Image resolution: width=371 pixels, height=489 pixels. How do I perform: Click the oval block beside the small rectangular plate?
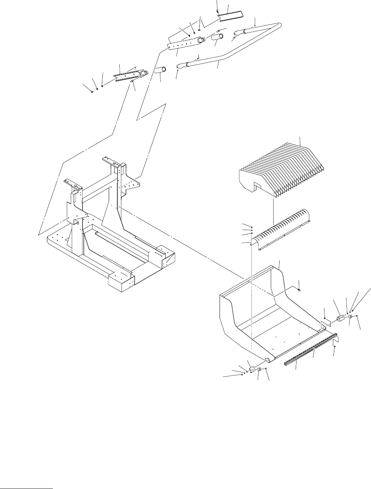click(341, 318)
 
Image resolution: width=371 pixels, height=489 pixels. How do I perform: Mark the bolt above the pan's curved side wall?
click(299, 290)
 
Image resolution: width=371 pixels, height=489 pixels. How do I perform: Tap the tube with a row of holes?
click(186, 44)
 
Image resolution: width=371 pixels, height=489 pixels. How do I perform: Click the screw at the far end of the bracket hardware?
click(92, 91)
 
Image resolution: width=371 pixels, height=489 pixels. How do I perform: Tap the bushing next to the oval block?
click(350, 317)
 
